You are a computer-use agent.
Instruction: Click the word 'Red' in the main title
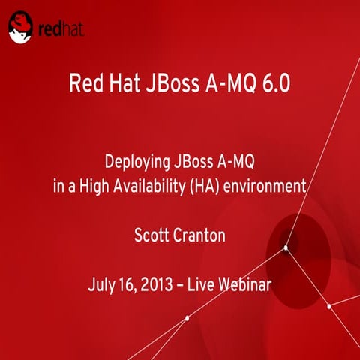[85, 81]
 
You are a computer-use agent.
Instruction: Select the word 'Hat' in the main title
[123, 81]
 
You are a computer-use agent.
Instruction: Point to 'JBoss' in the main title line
[170, 81]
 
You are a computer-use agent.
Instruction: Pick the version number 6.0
[274, 81]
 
